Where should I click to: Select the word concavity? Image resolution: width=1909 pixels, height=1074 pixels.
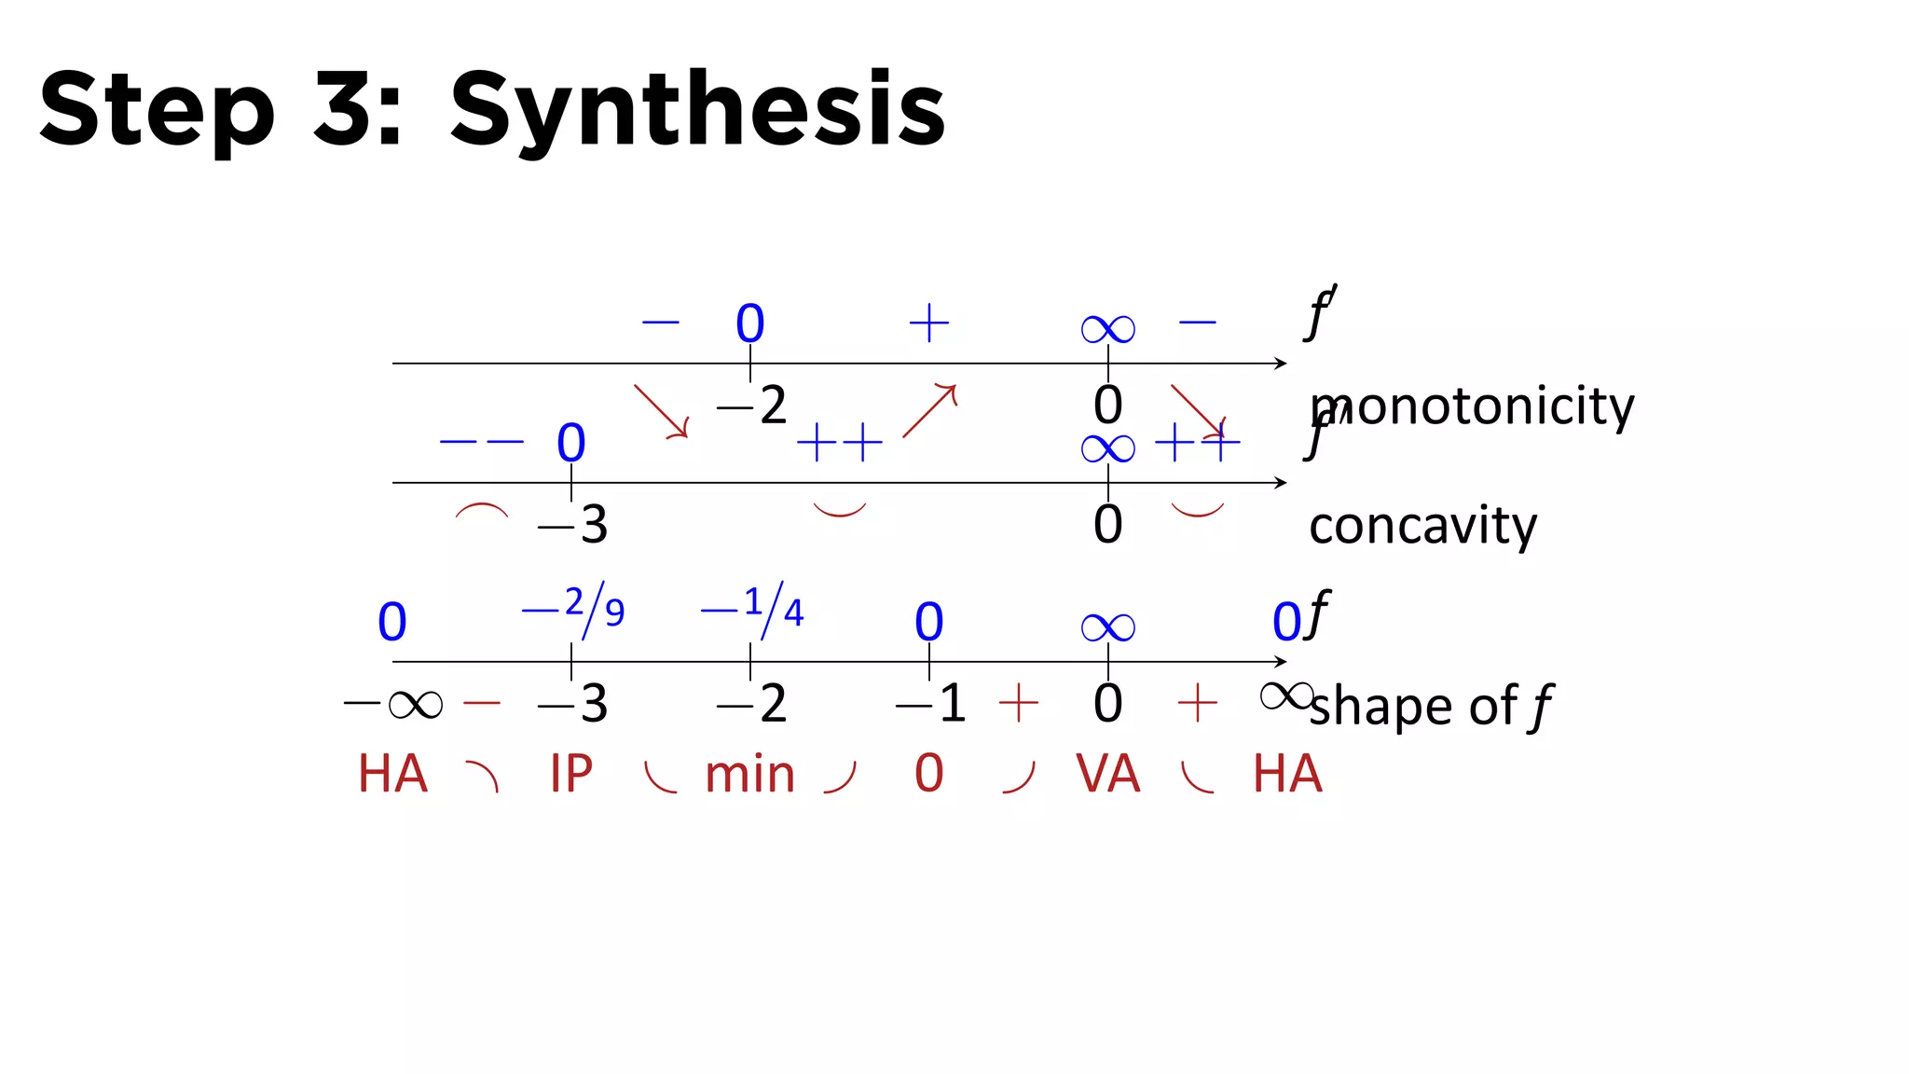point(1422,526)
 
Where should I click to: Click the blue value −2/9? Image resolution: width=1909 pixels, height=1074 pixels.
point(572,610)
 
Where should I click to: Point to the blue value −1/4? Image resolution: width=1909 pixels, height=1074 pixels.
point(751,610)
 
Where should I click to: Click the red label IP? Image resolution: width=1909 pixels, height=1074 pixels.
point(570,774)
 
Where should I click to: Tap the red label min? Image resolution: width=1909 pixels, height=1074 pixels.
point(749,774)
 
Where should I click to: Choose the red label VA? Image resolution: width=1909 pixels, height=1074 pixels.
point(1107,774)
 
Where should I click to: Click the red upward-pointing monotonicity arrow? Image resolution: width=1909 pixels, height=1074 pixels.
point(929,410)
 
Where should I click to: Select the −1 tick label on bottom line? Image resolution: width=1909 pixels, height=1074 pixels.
point(929,703)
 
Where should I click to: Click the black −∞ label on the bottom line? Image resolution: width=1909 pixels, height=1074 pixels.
point(392,703)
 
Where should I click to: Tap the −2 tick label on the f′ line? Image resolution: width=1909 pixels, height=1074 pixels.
point(751,405)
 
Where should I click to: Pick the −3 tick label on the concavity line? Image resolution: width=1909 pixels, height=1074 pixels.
point(572,524)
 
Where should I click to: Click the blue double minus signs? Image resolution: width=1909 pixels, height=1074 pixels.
point(481,441)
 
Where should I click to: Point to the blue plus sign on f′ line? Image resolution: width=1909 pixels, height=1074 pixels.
point(929,324)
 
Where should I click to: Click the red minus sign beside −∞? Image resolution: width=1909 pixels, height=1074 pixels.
point(482,702)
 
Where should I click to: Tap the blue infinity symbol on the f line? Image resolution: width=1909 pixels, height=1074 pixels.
point(1107,626)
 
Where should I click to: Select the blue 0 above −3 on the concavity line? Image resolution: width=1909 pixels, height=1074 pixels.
point(571,443)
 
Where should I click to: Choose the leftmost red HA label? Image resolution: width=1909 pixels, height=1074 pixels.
point(392,774)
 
